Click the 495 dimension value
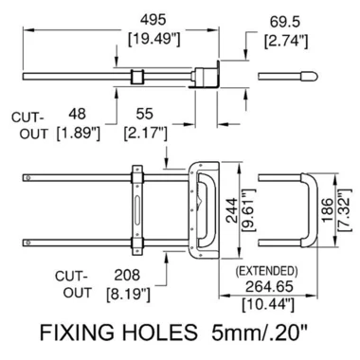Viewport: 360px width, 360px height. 153,20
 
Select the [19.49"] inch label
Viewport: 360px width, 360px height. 154,39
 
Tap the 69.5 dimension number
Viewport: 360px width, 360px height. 285,23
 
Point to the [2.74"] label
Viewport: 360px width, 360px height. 286,41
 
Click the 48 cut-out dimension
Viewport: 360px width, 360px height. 78,114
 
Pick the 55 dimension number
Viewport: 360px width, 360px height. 145,114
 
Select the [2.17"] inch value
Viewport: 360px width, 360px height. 145,133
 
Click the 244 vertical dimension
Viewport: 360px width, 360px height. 232,210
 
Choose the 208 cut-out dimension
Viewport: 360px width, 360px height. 127,275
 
